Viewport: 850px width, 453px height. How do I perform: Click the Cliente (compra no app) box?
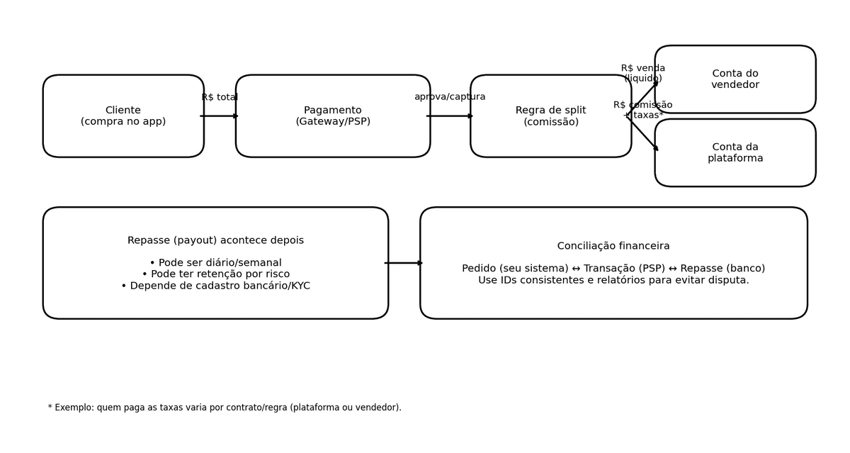[123, 116]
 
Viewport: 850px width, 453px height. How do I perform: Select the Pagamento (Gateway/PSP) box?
[333, 116]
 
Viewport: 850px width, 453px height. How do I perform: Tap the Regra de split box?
[550, 116]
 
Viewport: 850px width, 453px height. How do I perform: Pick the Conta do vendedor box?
[735, 79]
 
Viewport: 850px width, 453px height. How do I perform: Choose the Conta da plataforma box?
[735, 153]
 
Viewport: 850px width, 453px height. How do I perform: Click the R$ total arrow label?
[220, 98]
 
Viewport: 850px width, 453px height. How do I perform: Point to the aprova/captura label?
[450, 97]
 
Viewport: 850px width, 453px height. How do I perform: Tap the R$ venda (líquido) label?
[643, 74]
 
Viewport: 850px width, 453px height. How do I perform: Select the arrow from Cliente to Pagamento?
[220, 116]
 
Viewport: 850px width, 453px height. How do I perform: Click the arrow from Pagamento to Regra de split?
[450, 116]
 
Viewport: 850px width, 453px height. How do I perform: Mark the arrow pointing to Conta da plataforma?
[643, 135]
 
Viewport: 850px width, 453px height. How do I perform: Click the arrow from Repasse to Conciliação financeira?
[404, 263]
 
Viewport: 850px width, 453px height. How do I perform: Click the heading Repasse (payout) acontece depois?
[215, 241]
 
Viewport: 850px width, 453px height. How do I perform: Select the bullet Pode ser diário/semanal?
[215, 263]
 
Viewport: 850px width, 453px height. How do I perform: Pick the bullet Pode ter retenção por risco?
[215, 274]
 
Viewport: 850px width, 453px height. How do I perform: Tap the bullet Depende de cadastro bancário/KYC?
[215, 286]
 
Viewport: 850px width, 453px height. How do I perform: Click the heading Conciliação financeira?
[613, 247]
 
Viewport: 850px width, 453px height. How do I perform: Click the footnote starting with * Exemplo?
[225, 408]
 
